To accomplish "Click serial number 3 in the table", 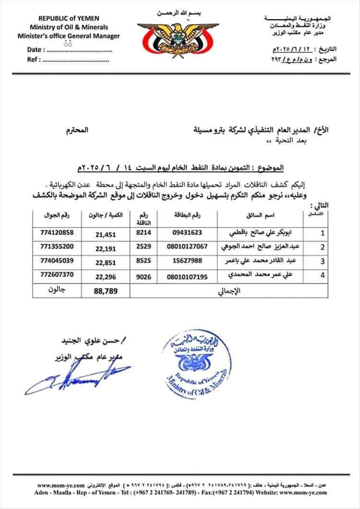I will coord(323,262).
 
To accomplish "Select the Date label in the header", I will coord(35,49).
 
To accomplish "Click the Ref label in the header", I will coord(34,60).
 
